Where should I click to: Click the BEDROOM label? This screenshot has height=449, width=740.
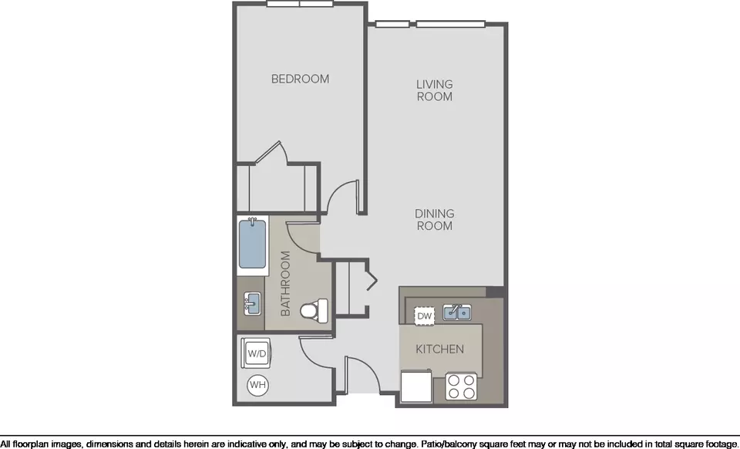pyautogui.click(x=300, y=79)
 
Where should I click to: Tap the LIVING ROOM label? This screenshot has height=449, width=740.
pyautogui.click(x=434, y=90)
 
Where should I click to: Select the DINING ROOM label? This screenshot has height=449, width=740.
pyautogui.click(x=434, y=220)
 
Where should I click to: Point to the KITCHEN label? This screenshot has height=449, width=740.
pyautogui.click(x=440, y=349)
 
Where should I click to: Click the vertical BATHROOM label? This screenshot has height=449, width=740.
pyautogui.click(x=285, y=283)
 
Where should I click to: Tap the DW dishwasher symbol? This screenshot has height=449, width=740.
pyautogui.click(x=425, y=316)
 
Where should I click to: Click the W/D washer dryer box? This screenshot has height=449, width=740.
pyautogui.click(x=256, y=353)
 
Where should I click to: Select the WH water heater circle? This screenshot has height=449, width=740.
pyautogui.click(x=257, y=385)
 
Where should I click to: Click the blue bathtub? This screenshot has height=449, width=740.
pyautogui.click(x=253, y=243)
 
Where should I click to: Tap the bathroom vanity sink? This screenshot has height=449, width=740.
pyautogui.click(x=252, y=303)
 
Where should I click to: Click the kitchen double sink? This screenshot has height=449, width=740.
pyautogui.click(x=456, y=312)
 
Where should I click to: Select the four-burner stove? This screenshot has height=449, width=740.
pyautogui.click(x=462, y=387)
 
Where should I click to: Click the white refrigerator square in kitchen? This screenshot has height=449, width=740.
pyautogui.click(x=416, y=387)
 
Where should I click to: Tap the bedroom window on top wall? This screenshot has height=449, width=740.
pyautogui.click(x=300, y=4)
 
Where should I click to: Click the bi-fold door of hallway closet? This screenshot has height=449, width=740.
pyautogui.click(x=372, y=281)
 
